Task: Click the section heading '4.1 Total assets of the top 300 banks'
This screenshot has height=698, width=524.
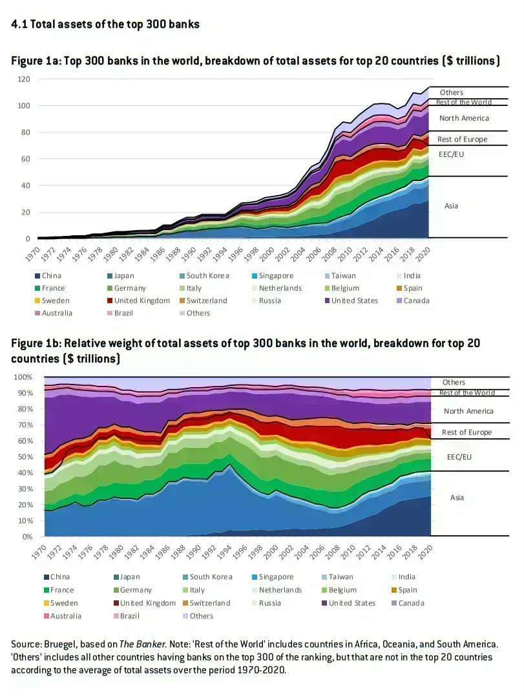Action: point(105,24)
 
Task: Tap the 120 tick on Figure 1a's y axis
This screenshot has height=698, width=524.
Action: point(24,79)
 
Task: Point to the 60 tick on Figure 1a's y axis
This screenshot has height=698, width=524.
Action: point(26,159)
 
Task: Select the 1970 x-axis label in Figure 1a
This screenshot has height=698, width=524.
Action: point(32,254)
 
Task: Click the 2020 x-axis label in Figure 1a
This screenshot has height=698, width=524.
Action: point(423,254)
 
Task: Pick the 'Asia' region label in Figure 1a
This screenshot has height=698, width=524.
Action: point(451,206)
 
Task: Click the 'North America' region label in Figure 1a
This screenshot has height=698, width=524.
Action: point(464,118)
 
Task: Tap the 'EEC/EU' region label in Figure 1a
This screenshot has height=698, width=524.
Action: point(451,154)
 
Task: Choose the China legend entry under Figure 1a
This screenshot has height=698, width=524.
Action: point(48,276)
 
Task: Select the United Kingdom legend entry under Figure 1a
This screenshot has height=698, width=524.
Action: point(138,301)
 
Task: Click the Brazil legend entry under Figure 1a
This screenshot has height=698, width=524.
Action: point(120,313)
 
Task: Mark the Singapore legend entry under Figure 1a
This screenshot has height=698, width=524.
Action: point(273,276)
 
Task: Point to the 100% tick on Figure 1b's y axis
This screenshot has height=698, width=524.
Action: point(23,377)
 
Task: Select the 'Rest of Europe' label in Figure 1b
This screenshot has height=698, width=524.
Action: point(466,432)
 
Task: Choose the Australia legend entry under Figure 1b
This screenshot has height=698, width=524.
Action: point(62,616)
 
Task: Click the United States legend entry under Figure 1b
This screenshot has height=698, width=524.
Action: point(348,603)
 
